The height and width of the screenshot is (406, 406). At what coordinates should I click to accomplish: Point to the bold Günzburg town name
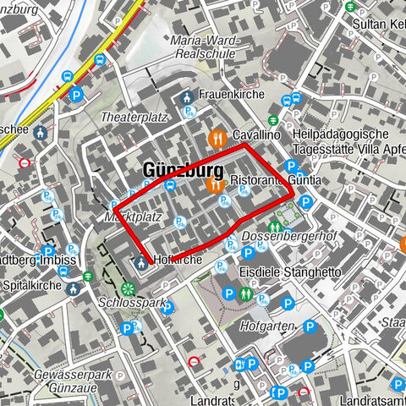tap(177, 170)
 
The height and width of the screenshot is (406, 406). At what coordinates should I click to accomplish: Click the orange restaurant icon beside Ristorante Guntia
tap(213, 183)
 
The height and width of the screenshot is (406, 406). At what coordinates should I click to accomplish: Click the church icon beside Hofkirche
tap(141, 261)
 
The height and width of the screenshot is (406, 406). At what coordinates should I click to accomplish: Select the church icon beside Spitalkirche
tap(74, 288)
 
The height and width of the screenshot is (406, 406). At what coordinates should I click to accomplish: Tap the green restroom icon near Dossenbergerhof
tap(274, 228)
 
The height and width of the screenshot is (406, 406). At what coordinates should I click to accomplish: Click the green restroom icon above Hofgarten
tap(244, 295)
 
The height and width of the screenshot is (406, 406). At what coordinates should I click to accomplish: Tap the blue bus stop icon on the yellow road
tap(100, 60)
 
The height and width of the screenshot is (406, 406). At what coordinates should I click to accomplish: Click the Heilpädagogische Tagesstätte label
tap(341, 141)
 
